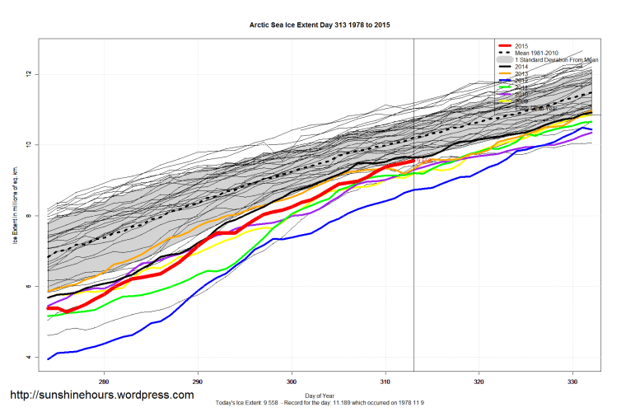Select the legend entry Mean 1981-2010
click(541, 53)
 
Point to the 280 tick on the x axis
click(104, 382)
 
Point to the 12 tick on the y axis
click(28, 74)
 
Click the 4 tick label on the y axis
click(28, 357)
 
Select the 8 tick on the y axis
click(28, 216)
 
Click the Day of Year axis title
click(320, 396)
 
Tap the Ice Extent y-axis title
click(16, 207)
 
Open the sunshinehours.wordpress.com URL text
click(102, 395)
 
